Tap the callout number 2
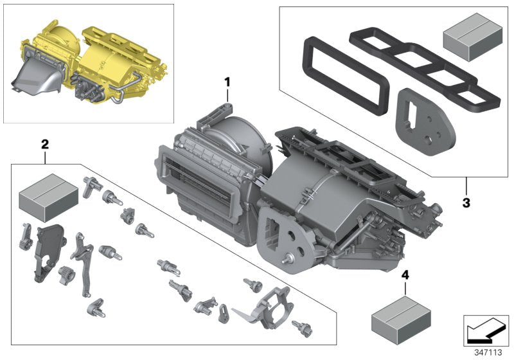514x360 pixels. pos(44,145)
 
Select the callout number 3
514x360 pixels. pos(466,203)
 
